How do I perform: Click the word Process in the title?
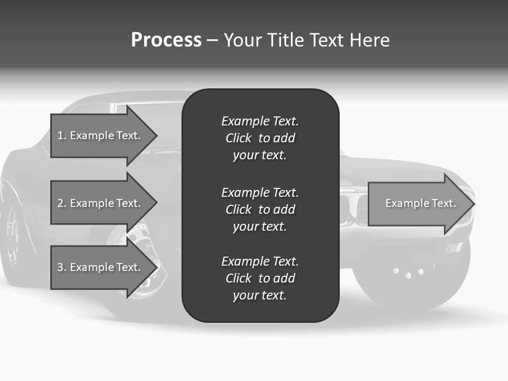(166, 40)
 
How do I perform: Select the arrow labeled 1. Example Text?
(101, 135)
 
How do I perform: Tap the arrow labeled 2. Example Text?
(101, 203)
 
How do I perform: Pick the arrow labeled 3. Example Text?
(101, 267)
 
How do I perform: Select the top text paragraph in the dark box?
(260, 138)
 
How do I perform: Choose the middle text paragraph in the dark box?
(260, 210)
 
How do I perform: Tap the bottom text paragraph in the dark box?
(260, 278)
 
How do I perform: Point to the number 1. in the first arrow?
(62, 135)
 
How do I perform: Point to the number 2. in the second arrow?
(62, 203)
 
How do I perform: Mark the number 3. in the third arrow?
(62, 267)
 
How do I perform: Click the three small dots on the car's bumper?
(408, 273)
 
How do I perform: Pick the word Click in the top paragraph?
(239, 138)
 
